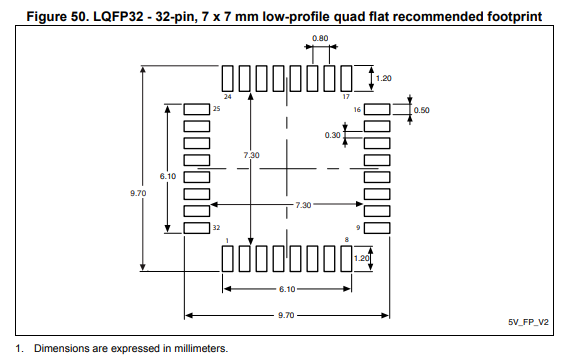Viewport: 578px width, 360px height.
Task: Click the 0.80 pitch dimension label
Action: tap(320, 38)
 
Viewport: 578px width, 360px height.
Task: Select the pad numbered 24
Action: tap(228, 78)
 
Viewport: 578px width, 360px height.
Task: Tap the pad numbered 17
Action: tap(346, 78)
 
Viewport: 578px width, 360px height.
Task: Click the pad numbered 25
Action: tap(197, 109)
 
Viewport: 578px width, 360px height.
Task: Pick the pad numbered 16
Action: tap(377, 109)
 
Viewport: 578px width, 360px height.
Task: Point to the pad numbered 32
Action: tap(197, 228)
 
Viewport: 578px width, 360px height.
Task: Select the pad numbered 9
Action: tap(377, 228)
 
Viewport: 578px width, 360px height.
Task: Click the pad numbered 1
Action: tap(228, 259)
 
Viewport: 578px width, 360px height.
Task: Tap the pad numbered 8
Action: tap(346, 259)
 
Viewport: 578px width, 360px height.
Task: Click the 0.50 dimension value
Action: tap(421, 111)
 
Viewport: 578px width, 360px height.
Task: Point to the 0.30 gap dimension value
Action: tap(332, 136)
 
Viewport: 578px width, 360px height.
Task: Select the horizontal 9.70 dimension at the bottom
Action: tap(286, 315)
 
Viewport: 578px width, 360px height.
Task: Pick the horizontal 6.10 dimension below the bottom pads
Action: tap(287, 289)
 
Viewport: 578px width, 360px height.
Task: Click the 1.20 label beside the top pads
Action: tap(384, 78)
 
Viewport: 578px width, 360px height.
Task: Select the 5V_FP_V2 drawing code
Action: tap(528, 322)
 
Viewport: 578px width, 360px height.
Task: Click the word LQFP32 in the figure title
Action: tap(118, 17)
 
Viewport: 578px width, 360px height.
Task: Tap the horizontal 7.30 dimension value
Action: tap(303, 205)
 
